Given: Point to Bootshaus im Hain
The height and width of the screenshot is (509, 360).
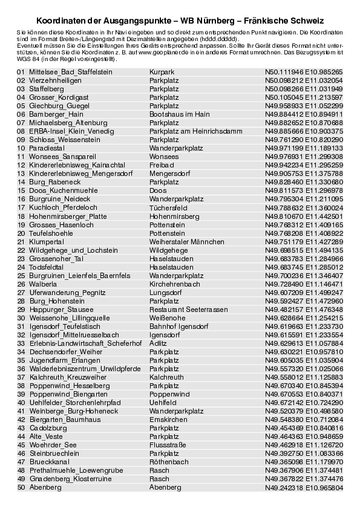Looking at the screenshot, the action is pos(180,114).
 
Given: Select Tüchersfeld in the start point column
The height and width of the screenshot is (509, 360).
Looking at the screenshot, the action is pos(166,207).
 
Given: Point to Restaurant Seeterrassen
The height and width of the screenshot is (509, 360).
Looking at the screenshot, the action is pos(189,309).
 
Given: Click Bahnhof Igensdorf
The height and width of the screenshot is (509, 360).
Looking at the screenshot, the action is pos(178,326).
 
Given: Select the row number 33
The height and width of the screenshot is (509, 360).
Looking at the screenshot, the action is pos(21,343).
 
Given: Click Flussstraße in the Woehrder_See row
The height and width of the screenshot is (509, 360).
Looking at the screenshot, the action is pos(167,444).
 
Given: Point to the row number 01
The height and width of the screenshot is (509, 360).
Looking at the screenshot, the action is pos(21,71).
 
